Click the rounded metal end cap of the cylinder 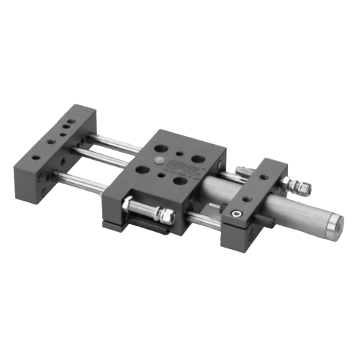tap(333, 226)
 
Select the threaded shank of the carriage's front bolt tap(148, 210)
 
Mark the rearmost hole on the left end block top tap(73, 115)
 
